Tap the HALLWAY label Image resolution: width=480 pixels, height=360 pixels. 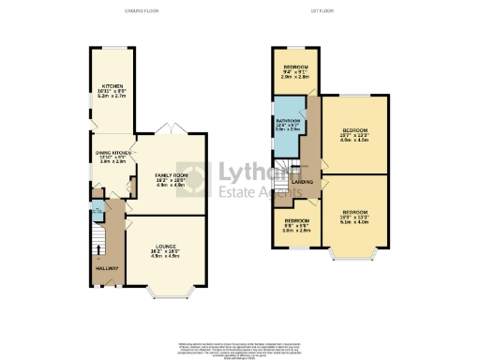coord(106,267)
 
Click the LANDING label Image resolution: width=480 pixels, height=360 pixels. coord(303,181)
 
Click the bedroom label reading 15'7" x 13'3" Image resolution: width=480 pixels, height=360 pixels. coord(354,133)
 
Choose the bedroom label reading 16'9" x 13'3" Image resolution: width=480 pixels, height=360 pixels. coord(355,217)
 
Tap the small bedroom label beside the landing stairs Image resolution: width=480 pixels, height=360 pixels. coord(296,226)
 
